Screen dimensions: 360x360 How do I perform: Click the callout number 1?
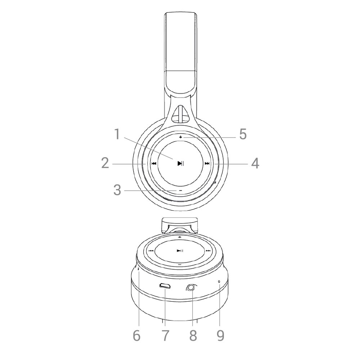pyautogui.click(x=117, y=134)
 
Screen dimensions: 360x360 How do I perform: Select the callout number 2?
pyautogui.click(x=105, y=163)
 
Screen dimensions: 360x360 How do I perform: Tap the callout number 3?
pyautogui.click(x=117, y=190)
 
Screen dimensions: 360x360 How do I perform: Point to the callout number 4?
pyautogui.click(x=255, y=163)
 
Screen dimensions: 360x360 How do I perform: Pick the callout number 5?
pyautogui.click(x=243, y=134)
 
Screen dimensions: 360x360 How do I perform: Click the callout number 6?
pyautogui.click(x=136, y=336)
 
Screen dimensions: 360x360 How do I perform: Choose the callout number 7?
pyautogui.click(x=165, y=336)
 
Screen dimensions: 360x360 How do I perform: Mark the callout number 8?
pyautogui.click(x=193, y=336)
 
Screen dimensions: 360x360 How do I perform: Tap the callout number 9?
pyautogui.click(x=220, y=336)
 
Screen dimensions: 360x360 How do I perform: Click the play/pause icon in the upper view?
pyautogui.click(x=181, y=163)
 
